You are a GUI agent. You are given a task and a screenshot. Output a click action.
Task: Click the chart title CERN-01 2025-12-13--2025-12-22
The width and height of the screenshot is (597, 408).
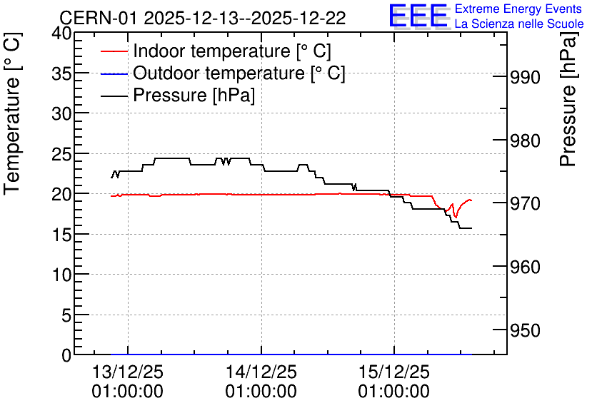203,18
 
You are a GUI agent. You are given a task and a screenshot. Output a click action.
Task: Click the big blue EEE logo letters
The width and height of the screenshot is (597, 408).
418,16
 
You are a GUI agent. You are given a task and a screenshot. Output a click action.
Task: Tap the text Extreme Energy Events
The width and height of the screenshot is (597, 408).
518,9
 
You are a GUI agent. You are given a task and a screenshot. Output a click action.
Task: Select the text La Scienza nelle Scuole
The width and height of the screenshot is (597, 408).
519,24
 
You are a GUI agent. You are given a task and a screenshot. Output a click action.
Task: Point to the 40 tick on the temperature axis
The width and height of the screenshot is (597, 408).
61,34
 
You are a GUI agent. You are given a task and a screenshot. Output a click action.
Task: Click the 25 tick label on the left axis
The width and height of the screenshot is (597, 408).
61,154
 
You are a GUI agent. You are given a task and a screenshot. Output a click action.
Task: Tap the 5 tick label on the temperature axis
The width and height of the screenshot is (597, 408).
66,315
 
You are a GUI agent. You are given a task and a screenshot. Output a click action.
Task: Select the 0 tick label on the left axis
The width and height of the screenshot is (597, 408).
66,355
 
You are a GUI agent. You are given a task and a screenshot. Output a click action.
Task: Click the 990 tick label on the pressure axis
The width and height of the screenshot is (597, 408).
525,78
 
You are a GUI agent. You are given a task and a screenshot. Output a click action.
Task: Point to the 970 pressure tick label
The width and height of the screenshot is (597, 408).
525,204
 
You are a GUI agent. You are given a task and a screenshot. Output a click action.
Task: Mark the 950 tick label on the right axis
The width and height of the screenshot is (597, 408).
525,330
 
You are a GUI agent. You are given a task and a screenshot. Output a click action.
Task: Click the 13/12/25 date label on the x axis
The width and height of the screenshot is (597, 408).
128,372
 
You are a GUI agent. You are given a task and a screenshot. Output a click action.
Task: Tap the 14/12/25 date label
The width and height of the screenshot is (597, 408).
261,372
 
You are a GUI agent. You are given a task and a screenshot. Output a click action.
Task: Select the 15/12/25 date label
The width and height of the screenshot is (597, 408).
394,372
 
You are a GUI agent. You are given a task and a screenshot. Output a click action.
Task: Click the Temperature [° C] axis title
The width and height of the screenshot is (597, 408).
12,114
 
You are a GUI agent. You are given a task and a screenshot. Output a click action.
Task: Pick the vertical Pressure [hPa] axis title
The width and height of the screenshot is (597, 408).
568,100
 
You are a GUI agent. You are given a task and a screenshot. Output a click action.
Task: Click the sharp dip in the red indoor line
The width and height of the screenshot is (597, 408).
456,217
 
